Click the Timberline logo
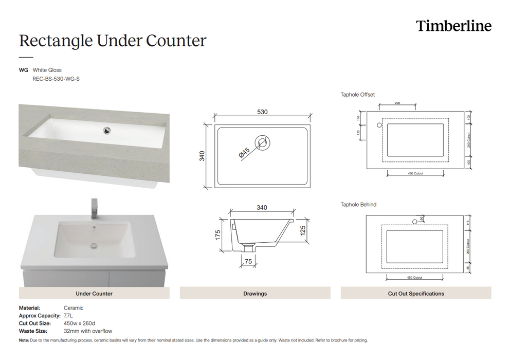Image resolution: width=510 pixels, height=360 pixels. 453,26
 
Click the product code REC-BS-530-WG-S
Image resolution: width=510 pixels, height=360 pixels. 56,79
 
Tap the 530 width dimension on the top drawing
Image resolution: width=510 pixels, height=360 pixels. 262,112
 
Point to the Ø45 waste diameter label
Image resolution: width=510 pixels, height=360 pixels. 244,153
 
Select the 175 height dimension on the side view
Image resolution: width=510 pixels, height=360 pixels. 218,235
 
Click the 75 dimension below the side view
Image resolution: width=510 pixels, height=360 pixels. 248,262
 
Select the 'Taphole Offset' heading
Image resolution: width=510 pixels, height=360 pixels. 358,95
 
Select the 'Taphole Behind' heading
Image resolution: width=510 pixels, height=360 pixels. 358,205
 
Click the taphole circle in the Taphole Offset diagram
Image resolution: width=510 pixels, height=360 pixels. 379,125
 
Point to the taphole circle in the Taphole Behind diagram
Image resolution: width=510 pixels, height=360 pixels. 414,222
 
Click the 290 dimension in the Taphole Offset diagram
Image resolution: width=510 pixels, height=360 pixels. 397,103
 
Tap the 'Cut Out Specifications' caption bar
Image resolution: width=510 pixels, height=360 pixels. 415,294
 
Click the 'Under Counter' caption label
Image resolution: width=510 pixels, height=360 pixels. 94,294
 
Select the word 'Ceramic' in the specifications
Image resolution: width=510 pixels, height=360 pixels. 74,308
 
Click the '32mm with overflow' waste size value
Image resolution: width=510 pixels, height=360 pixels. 88,331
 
